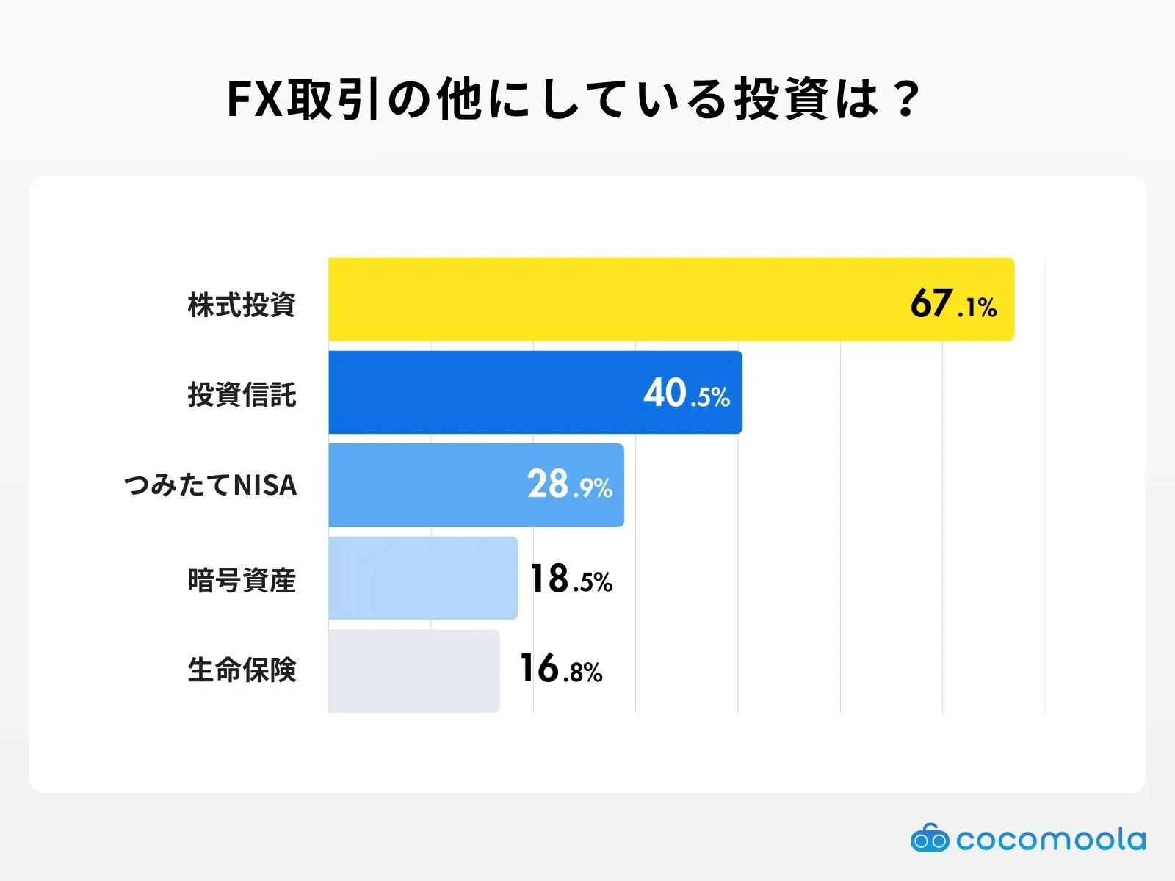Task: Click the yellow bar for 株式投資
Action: point(617,299)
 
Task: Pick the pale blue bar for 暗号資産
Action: point(422,578)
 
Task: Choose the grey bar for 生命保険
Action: point(413,670)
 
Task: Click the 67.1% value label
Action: point(952,303)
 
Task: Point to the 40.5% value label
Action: point(686,394)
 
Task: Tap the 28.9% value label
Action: point(569,485)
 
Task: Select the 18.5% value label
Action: point(571,579)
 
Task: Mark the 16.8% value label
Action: point(560,670)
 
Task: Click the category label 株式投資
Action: point(242,305)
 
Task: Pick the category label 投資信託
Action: point(242,394)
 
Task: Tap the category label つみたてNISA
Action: point(211,485)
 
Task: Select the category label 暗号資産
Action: point(242,580)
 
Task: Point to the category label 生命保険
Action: point(242,670)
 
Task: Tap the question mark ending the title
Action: point(908,99)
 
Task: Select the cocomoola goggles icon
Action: point(929,838)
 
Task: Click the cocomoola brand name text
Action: point(1050,839)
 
